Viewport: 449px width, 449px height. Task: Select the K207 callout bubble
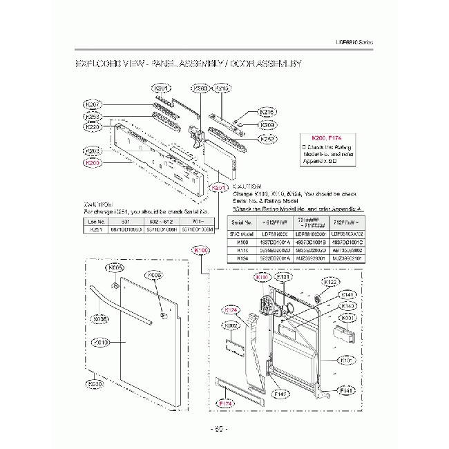[93, 104]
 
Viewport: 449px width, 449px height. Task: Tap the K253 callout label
[93, 116]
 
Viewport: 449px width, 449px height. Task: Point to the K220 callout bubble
[93, 127]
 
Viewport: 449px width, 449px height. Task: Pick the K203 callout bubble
[93, 151]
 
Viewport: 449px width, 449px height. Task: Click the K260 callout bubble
[200, 88]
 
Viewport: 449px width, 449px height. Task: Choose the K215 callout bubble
[222, 88]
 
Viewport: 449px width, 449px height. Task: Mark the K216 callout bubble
[267, 112]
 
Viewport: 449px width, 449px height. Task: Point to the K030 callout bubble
[95, 384]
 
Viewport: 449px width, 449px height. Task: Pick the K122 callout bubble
[331, 282]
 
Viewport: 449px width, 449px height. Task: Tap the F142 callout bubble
[280, 394]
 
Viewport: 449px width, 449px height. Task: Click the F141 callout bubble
[347, 391]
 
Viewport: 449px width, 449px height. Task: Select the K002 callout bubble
[232, 325]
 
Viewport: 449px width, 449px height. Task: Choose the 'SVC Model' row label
[242, 235]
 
